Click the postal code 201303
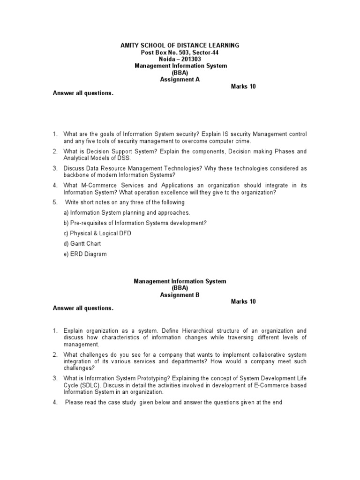point(193,59)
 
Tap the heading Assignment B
point(180,295)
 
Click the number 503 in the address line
point(183,52)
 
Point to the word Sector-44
point(206,52)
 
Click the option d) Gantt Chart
point(82,244)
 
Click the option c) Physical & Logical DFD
point(97,233)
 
